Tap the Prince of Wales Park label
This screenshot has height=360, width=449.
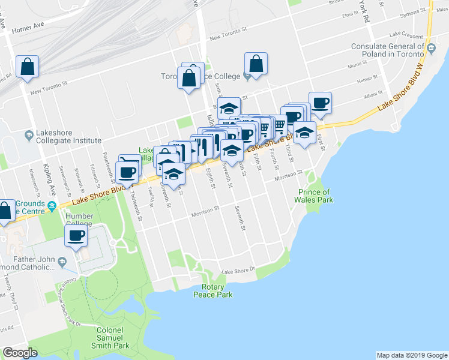(x=314, y=196)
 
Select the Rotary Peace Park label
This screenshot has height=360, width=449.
(x=212, y=290)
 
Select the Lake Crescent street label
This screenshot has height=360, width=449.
(x=406, y=35)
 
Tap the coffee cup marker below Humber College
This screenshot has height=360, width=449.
(x=76, y=236)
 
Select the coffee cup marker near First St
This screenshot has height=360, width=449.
(x=319, y=102)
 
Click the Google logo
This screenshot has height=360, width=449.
(x=20, y=353)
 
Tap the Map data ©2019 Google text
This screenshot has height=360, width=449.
(x=411, y=355)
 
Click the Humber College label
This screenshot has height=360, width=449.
(x=79, y=220)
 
